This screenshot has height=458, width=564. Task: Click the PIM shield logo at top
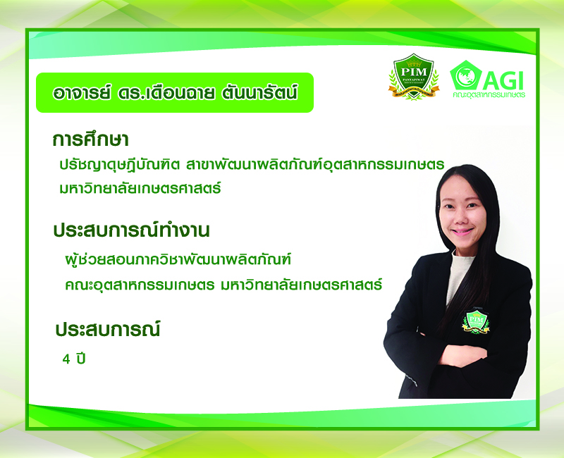click(414, 77)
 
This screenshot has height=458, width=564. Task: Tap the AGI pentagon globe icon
click(466, 75)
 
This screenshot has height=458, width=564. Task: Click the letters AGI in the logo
click(503, 80)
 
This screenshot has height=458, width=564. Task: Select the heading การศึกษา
click(90, 139)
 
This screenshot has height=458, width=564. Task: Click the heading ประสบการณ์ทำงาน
click(131, 230)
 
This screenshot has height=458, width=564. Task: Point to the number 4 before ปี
click(66, 359)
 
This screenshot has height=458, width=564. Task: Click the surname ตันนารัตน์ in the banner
click(259, 93)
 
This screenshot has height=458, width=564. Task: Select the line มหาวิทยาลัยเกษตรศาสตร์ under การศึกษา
click(140, 188)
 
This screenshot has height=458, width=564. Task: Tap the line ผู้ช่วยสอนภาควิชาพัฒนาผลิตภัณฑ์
click(178, 259)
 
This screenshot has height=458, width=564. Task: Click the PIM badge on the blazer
click(476, 321)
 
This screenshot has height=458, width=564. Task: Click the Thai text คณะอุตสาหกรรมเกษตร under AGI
click(489, 95)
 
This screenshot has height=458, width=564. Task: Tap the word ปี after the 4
click(80, 358)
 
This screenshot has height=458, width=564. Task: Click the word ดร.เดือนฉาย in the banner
click(166, 93)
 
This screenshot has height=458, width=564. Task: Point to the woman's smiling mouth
click(462, 231)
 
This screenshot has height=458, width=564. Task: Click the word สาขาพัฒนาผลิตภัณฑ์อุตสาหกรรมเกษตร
click(315, 165)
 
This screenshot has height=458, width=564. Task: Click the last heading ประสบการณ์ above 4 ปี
click(108, 329)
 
